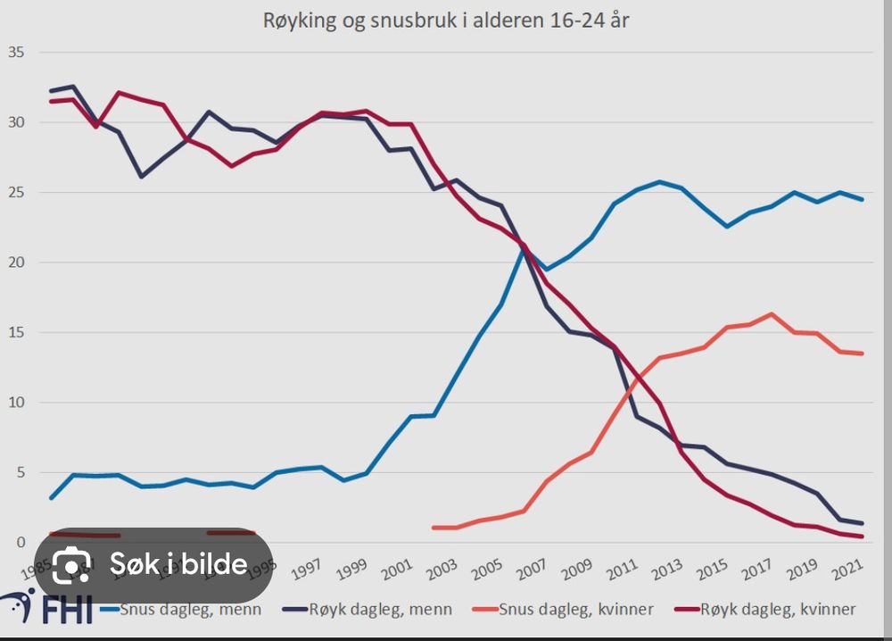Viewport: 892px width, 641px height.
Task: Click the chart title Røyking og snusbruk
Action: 445,21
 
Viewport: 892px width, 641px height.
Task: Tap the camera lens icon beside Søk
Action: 72,564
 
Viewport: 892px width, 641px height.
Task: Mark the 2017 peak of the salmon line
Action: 772,314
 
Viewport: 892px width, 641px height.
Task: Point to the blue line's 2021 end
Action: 862,199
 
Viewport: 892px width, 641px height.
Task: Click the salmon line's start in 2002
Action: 433,528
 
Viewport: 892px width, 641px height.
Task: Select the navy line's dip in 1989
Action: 141,177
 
